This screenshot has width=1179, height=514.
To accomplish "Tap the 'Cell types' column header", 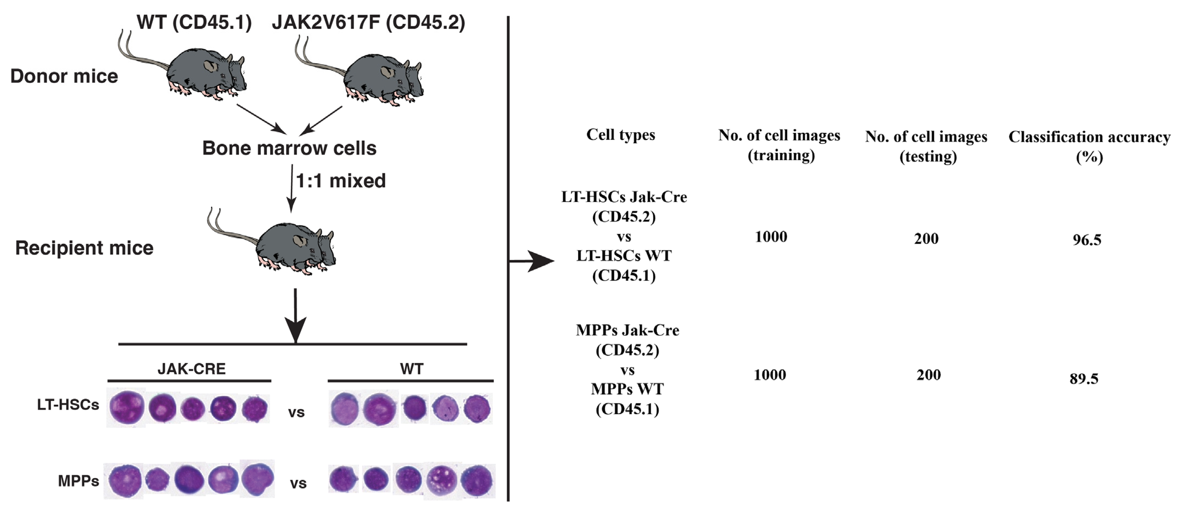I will coord(620,135).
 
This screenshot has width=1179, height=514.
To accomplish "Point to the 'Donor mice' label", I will coord(64,76).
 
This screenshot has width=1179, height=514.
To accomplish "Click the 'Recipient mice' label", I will coord(84,248).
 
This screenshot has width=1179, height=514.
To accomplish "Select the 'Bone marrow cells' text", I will coord(289,148).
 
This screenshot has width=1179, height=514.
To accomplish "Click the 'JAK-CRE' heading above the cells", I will coord(191,369).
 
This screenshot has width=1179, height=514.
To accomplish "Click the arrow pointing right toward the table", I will coord(535,261).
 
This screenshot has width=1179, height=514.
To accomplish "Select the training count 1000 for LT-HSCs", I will coord(771,237).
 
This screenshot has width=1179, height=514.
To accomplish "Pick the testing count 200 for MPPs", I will coord(928,375).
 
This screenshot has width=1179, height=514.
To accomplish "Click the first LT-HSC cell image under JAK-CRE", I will coord(126,407).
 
